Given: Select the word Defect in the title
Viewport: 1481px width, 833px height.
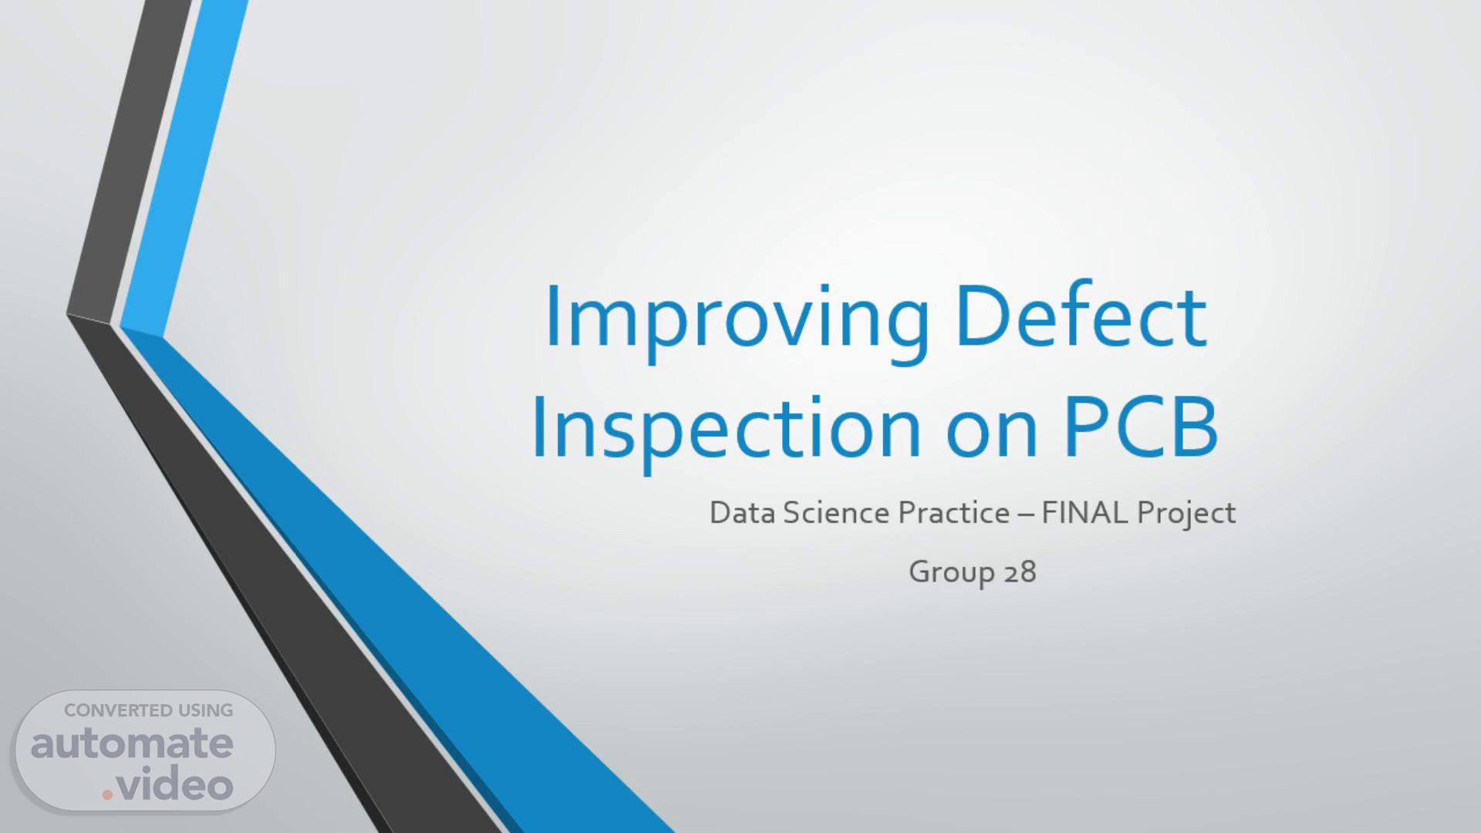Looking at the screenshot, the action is click(x=1081, y=315).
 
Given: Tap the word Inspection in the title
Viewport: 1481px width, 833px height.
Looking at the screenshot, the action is click(x=726, y=428).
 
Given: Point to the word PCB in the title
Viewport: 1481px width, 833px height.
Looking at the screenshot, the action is click(x=1141, y=425).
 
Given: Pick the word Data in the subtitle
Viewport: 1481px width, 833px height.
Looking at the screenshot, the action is click(x=742, y=513).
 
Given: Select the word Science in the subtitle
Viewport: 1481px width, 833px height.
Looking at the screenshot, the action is click(x=837, y=513).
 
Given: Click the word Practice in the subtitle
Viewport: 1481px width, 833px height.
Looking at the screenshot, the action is click(x=953, y=513).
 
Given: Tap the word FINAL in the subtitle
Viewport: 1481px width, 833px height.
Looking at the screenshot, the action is click(x=1085, y=513).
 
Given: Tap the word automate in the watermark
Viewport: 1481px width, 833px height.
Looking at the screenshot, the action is click(x=132, y=744).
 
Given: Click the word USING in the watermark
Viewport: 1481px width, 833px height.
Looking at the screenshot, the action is click(x=205, y=710).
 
